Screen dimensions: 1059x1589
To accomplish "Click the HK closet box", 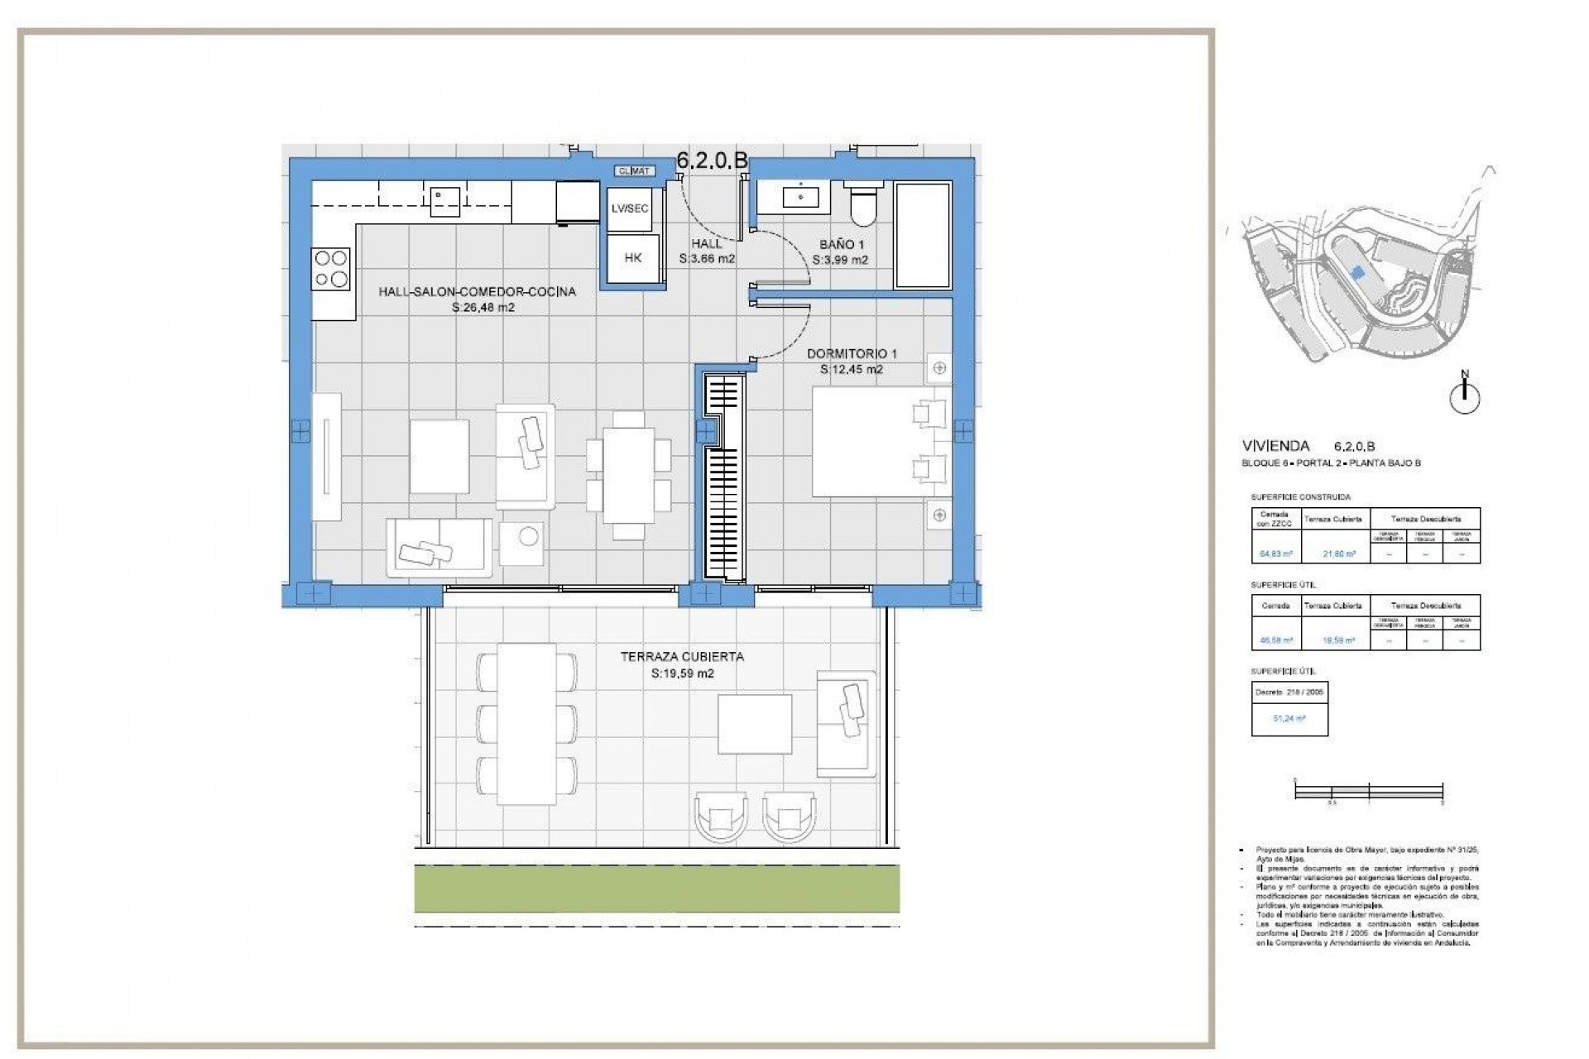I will (633, 258).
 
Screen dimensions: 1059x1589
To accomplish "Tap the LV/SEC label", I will (630, 208).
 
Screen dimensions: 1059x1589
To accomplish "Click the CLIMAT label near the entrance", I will (635, 171).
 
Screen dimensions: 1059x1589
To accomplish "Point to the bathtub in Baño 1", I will (923, 235).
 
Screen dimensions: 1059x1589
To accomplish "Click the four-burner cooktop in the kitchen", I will (330, 269).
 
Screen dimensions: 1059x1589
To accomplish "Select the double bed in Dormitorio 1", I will (881, 442).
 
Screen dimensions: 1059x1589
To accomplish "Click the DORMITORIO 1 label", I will (852, 353).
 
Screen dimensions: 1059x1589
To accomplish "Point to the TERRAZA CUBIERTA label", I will (682, 656).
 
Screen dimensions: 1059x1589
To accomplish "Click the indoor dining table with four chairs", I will (628, 476).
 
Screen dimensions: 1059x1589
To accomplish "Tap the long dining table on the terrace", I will (526, 724).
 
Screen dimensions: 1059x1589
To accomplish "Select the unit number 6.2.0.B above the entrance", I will (712, 161).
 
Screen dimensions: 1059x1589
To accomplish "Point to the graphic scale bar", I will (1369, 792).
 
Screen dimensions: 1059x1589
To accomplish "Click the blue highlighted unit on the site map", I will (1356, 271).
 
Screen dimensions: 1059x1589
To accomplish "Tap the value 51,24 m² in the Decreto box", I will (1289, 719).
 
